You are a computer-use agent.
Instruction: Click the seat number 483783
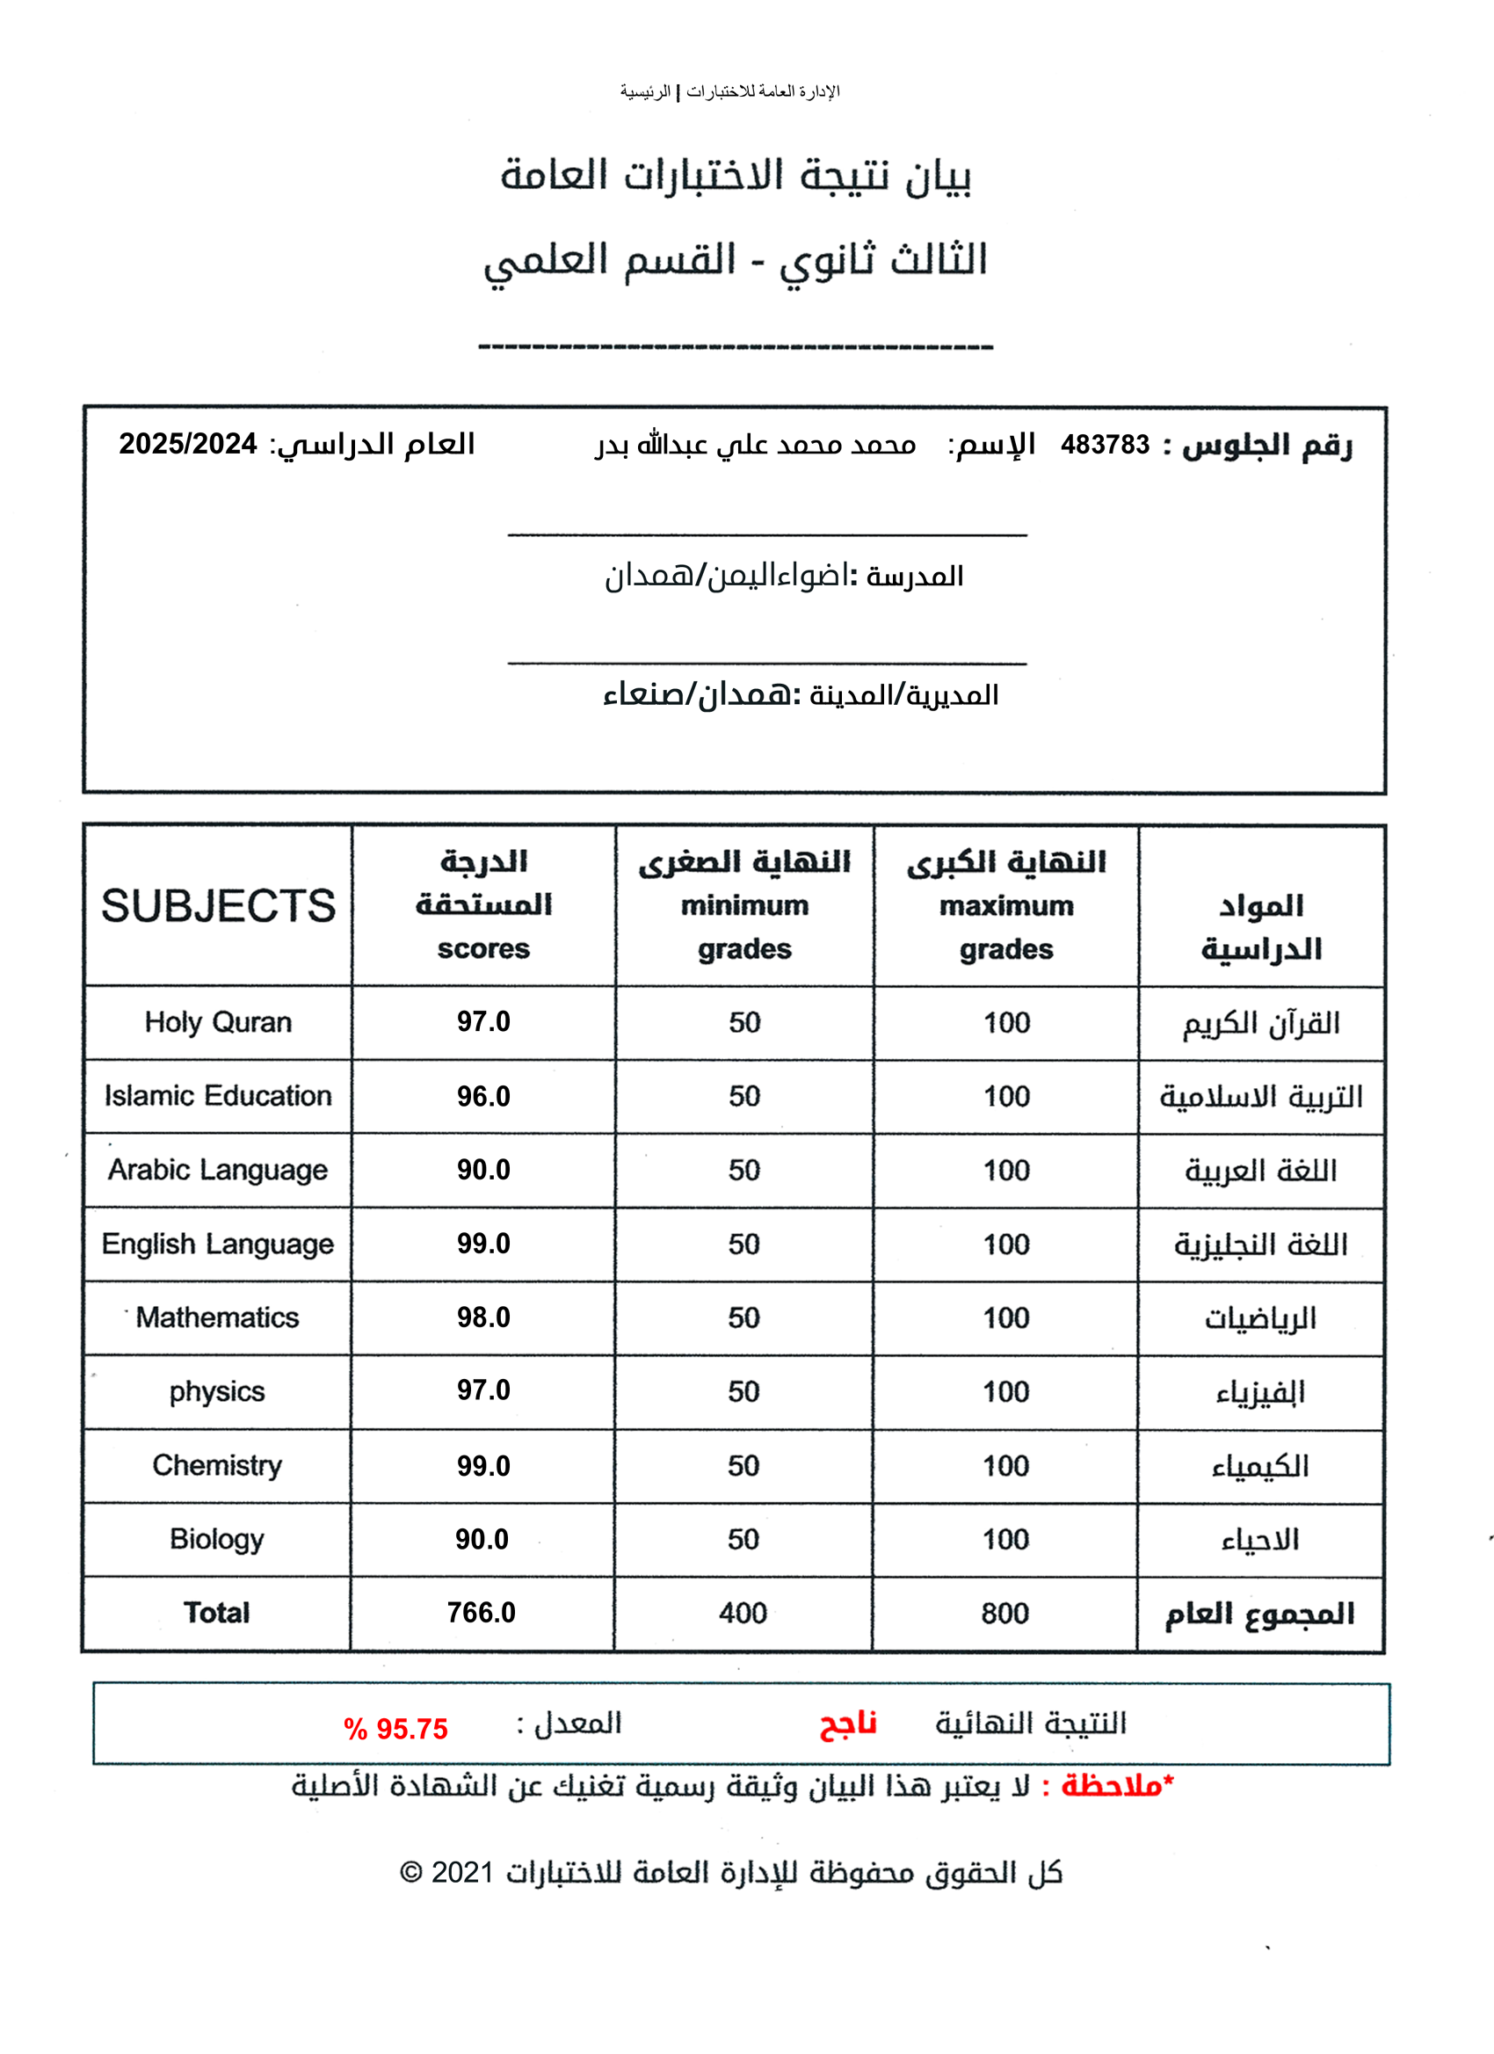[1104, 445]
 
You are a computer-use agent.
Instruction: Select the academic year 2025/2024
[188, 444]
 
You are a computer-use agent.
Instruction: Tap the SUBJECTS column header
[217, 905]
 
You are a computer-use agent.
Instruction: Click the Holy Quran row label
[217, 1022]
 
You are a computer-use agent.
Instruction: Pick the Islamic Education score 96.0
[482, 1097]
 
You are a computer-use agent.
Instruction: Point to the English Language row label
[217, 1245]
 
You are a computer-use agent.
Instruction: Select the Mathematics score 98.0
[482, 1317]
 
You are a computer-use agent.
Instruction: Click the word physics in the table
[216, 1392]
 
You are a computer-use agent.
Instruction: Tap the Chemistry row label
[216, 1465]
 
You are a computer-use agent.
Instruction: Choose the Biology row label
[216, 1540]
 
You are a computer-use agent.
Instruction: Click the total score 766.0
[481, 1613]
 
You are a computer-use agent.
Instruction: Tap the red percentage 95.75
[411, 1729]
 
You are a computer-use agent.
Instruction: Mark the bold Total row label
[216, 1613]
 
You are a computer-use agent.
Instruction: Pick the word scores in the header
[482, 949]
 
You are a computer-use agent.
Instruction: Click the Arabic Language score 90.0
[482, 1170]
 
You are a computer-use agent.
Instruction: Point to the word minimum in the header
[744, 905]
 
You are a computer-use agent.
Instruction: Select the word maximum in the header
[1006, 905]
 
